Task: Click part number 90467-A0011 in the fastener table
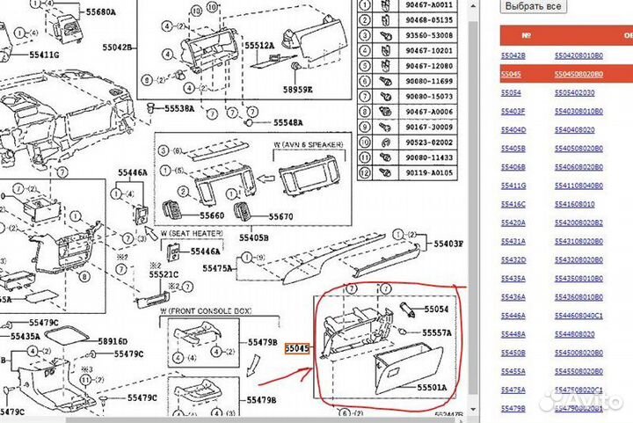pos(430,5)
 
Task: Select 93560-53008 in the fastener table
pos(430,35)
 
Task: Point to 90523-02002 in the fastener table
pos(430,142)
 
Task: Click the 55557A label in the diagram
pos(436,332)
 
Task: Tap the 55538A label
pos(180,109)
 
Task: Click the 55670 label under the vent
pos(281,216)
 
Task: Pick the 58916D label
pos(113,341)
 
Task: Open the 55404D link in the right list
pos(513,129)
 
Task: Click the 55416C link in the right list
pos(513,204)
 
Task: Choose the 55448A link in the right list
pos(513,334)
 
